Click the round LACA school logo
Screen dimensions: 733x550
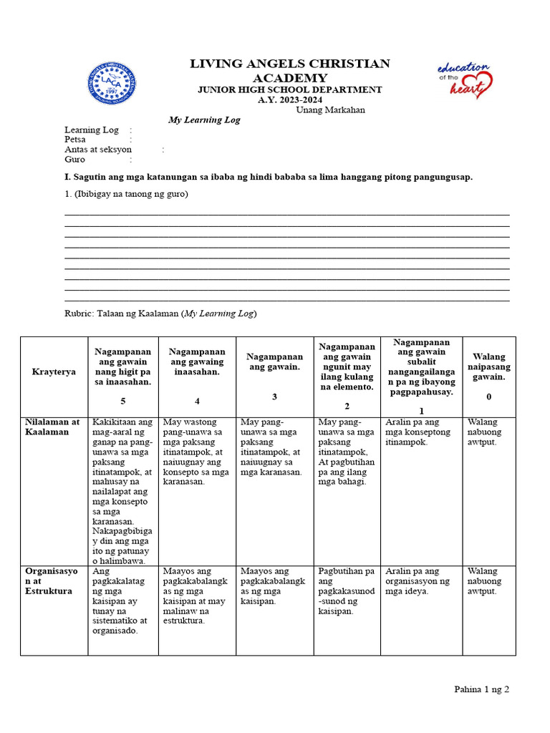pos(112,83)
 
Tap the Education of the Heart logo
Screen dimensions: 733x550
pos(464,79)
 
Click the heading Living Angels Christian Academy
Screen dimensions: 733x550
pos(290,71)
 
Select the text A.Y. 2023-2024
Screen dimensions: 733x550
pos(290,99)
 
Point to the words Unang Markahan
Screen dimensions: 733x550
pos(330,110)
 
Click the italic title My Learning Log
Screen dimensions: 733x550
pos(204,120)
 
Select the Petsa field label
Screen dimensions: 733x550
pos(75,140)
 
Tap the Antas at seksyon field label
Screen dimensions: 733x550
pos(98,150)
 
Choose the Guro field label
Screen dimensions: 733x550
pos(74,160)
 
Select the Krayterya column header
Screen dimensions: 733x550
pos(54,372)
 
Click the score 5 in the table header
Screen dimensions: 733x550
pos(122,402)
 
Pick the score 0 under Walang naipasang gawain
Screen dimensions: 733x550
pos(489,396)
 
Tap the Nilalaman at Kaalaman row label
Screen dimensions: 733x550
pos(52,427)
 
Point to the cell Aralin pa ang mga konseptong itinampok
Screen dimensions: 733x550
pos(418,432)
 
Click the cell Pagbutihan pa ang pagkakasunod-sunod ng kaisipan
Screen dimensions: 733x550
pos(347,591)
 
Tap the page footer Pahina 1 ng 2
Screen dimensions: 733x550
pos(481,689)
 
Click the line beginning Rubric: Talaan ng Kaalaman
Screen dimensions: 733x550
pos(160,314)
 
